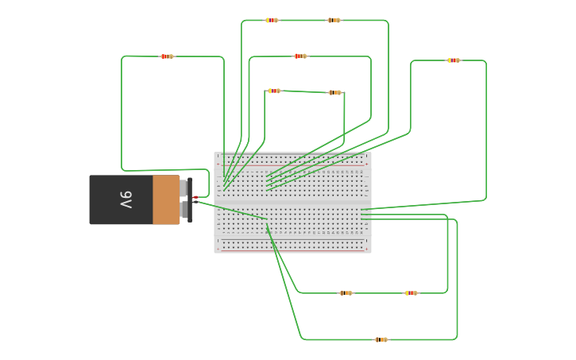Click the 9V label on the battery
click(126, 199)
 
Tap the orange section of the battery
click(166, 199)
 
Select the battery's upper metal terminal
click(185, 188)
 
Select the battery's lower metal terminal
click(185, 210)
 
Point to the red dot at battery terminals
click(195, 197)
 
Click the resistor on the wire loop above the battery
click(166, 56)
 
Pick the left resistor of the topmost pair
click(272, 20)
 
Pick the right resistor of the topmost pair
click(334, 20)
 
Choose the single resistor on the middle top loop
click(300, 56)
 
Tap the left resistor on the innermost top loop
click(274, 91)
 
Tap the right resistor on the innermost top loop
click(334, 92)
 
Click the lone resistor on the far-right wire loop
click(453, 60)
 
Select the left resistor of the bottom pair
click(346, 293)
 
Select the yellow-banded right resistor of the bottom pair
click(411, 293)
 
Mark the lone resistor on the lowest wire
click(381, 339)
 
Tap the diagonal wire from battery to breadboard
click(230, 210)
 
